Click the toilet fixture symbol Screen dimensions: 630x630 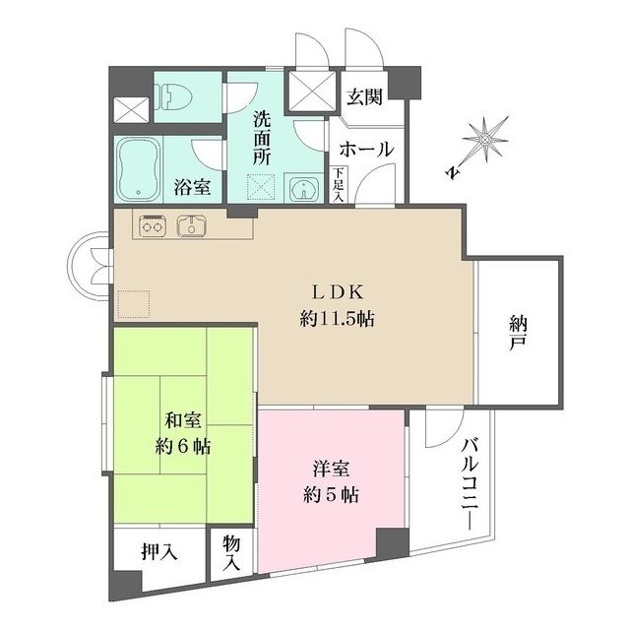[x=173, y=97]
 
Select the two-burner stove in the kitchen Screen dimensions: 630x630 [x=153, y=225]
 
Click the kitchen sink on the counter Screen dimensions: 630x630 [x=192, y=224]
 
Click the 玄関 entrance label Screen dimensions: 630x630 [x=364, y=96]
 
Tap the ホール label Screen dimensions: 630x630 [x=366, y=149]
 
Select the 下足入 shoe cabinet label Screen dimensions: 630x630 [x=339, y=184]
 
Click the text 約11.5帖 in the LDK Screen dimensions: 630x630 [x=337, y=319]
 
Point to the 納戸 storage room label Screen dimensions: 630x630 [x=519, y=333]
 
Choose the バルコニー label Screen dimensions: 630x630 [x=471, y=484]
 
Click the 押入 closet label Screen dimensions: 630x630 [x=159, y=553]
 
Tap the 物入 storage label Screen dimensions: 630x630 [x=232, y=554]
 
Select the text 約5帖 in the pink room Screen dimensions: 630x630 [x=331, y=495]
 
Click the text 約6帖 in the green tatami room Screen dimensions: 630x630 [x=183, y=446]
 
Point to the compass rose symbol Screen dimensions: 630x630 [x=485, y=140]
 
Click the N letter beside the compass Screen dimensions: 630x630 [x=453, y=172]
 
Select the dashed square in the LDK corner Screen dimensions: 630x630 [x=134, y=304]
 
